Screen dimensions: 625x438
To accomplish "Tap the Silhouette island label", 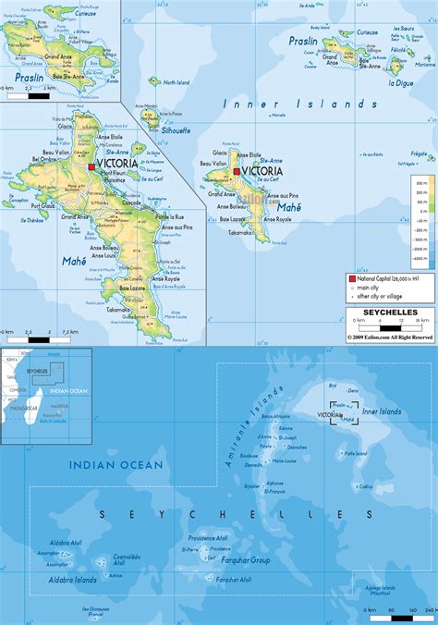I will (175, 130).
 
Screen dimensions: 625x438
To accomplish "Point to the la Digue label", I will (398, 83).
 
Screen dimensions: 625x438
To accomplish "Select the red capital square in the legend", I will (352, 278).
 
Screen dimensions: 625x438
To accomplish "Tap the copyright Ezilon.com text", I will (390, 337).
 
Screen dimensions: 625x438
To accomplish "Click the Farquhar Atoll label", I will (231, 580).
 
